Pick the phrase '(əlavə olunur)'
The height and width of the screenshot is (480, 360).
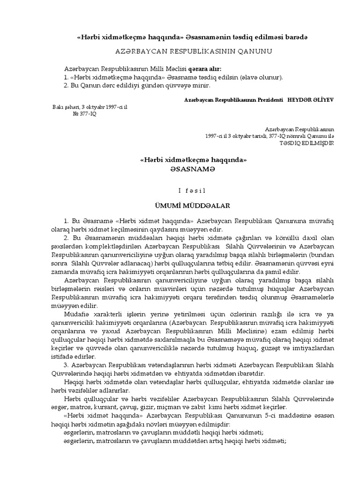(261, 77)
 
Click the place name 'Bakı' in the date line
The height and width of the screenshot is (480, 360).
(59, 107)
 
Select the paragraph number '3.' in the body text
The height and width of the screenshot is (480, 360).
(66, 365)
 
